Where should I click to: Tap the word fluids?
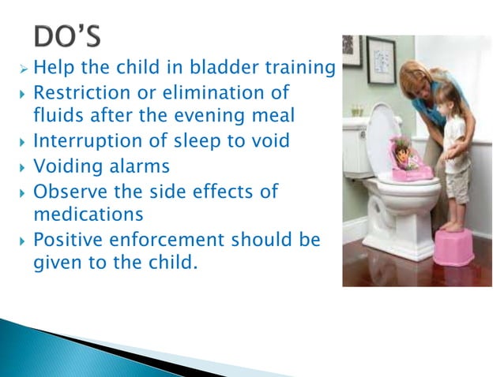[x=59, y=117]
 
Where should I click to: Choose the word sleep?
[x=196, y=143]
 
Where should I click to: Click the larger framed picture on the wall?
[x=381, y=60]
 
